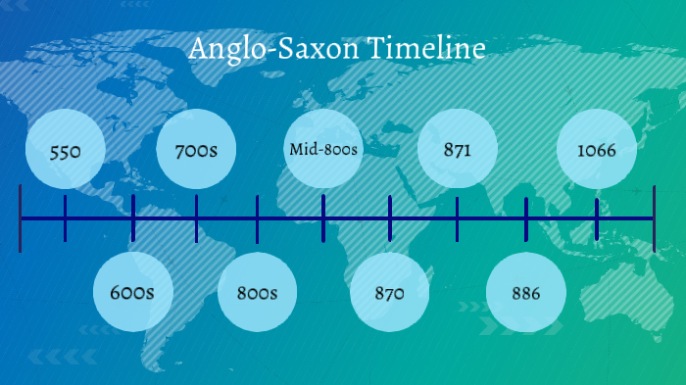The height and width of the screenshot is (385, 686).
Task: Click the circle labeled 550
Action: pyautogui.click(x=65, y=152)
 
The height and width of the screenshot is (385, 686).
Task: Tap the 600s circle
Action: pyautogui.click(x=133, y=292)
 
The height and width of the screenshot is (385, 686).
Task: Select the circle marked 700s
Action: pyautogui.click(x=196, y=152)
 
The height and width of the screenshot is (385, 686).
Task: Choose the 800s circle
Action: pyautogui.click(x=258, y=292)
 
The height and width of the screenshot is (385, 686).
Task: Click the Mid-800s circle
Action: pyautogui.click(x=324, y=150)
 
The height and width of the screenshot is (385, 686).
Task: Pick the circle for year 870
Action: pyautogui.click(x=390, y=292)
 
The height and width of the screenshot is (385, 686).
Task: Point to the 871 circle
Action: pyautogui.click(x=458, y=151)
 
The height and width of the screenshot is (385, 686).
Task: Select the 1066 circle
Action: pyautogui.click(x=597, y=151)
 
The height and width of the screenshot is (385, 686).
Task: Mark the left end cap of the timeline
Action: pyautogui.click(x=21, y=217)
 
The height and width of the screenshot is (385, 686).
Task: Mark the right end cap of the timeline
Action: pyautogui.click(x=654, y=217)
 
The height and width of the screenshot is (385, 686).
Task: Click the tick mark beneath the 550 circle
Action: pyautogui.click(x=65, y=217)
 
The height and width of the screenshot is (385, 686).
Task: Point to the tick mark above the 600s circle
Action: pyautogui.click(x=133, y=217)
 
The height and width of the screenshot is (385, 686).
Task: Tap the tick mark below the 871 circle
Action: pyautogui.click(x=458, y=217)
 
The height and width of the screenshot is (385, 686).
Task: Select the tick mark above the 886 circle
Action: pyautogui.click(x=526, y=217)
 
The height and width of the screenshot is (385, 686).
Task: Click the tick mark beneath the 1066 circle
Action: pyautogui.click(x=597, y=217)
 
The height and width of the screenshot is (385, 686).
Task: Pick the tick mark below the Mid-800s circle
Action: pyautogui.click(x=324, y=217)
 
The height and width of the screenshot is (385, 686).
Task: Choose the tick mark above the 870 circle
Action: pyautogui.click(x=390, y=217)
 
